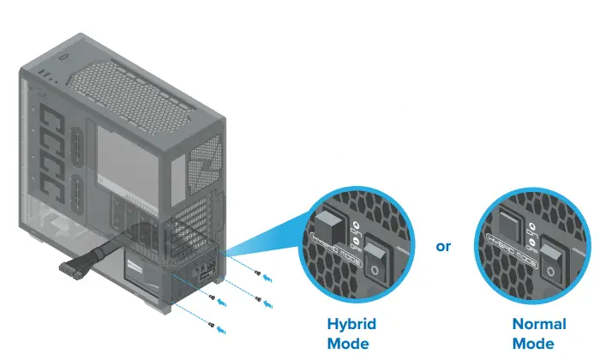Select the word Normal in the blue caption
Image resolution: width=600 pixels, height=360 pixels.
[538, 325]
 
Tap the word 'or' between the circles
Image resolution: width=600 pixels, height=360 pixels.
[443, 247]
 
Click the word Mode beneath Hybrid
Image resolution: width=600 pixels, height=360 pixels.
[347, 345]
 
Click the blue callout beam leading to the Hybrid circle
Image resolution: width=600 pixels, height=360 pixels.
[274, 244]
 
